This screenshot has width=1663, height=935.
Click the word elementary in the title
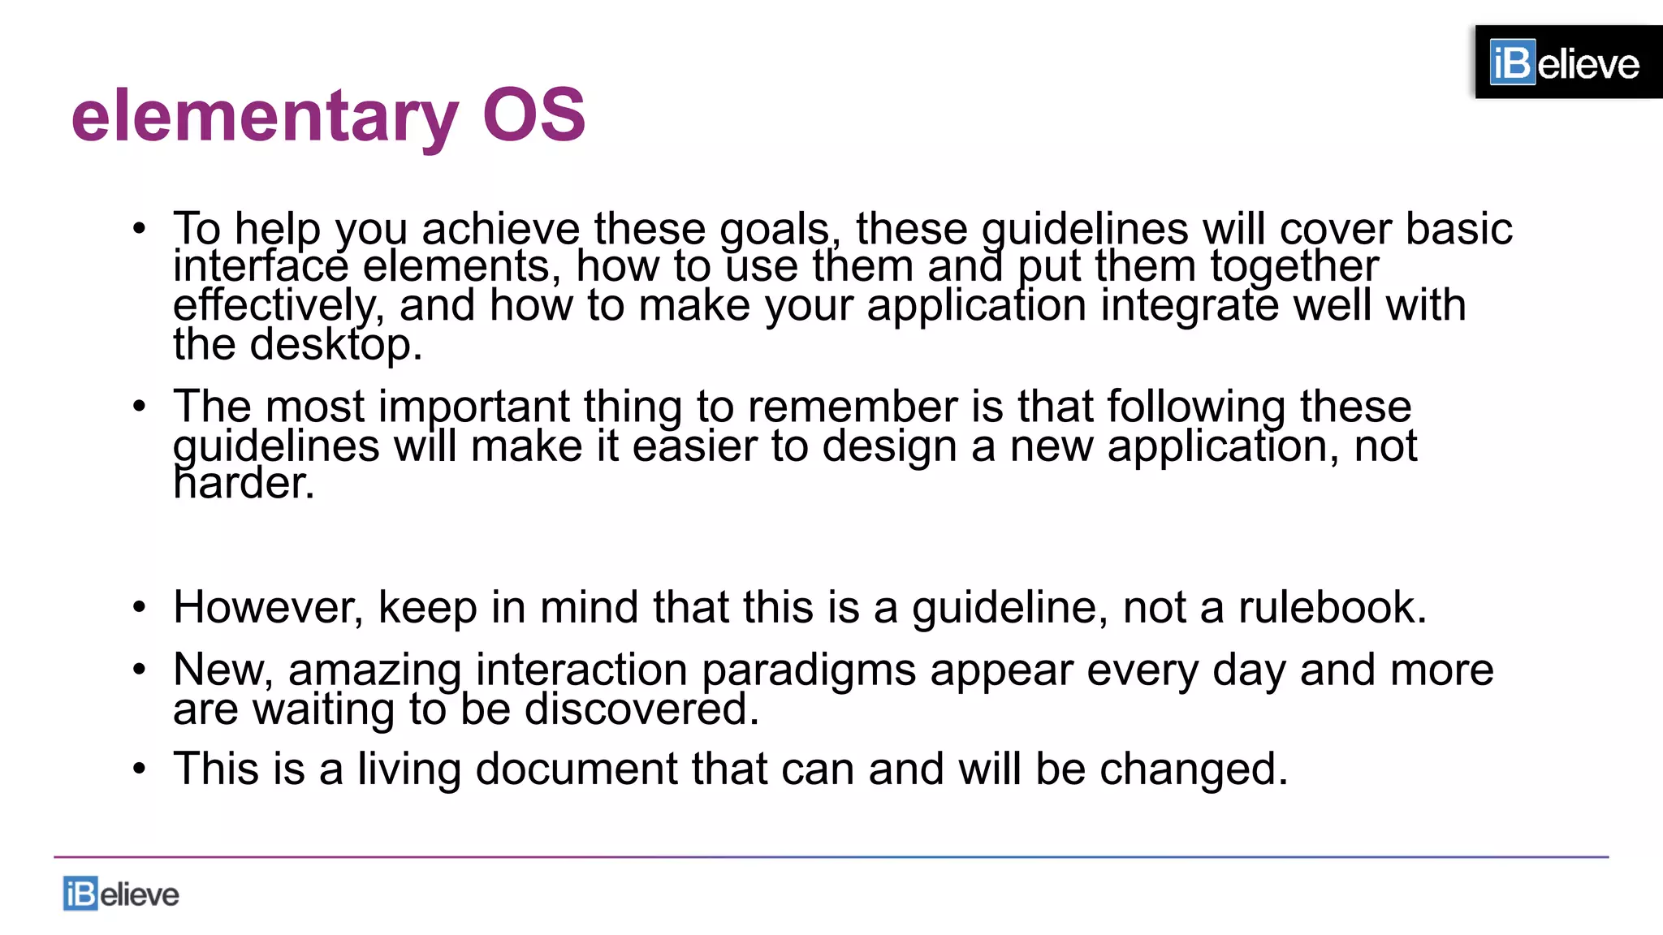tap(265, 116)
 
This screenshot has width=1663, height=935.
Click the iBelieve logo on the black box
tap(1565, 62)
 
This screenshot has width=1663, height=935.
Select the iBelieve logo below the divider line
tap(121, 894)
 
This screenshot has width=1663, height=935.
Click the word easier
tap(694, 446)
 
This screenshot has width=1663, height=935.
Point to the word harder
tap(244, 483)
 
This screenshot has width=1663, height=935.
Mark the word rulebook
tap(1332, 607)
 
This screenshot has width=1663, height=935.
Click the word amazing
tap(374, 670)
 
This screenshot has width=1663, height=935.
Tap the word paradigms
tap(809, 670)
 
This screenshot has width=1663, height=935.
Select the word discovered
tap(641, 709)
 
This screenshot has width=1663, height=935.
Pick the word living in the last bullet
tap(409, 769)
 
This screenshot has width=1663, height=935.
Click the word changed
tap(1193, 769)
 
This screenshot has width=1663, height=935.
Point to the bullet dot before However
tap(140, 607)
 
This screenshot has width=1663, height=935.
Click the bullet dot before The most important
tap(140, 406)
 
